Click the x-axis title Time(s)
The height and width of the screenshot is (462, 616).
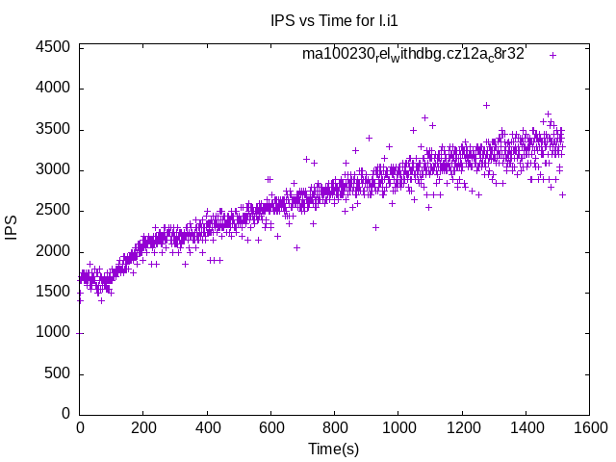tap(333, 449)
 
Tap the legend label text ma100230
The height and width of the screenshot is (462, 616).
tap(413, 54)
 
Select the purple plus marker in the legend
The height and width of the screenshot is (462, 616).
tap(552, 55)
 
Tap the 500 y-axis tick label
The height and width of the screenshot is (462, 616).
tap(58, 373)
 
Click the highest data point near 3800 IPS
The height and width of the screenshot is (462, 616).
tap(486, 105)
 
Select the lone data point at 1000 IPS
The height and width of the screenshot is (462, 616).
tap(80, 333)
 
